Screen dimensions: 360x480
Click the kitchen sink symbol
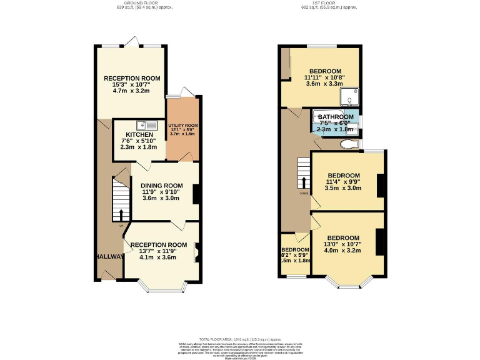[143, 124]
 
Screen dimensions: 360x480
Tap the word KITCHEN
[139, 134]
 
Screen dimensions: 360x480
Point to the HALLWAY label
[109, 257]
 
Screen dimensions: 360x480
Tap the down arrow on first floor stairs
[304, 183]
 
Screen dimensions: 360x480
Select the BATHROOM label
[336, 117]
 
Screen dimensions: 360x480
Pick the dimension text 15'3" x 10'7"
[132, 84]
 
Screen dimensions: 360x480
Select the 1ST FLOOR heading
[329, 3]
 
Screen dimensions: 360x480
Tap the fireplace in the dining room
[196, 195]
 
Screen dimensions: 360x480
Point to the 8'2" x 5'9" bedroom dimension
[294, 255]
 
